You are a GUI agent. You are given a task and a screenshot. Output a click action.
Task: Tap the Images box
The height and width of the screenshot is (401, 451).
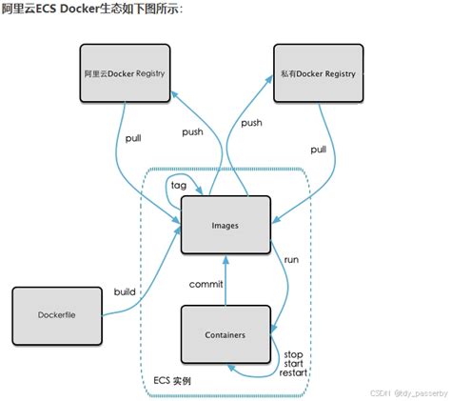coord(225,226)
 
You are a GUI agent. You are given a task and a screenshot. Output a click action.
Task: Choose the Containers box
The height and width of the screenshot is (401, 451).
coord(225,334)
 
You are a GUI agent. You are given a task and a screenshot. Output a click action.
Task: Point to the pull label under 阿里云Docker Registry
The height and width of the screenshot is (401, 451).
coord(133,139)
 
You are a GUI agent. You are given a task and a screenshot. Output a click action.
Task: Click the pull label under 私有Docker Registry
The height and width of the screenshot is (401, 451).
coord(318,150)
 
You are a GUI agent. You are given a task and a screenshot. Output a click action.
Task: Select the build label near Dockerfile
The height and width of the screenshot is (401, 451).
coord(125,291)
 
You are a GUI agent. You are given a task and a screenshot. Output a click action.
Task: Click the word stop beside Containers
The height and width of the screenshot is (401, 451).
coord(293,354)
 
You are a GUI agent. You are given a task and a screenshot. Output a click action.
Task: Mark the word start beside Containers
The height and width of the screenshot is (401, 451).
coord(293,364)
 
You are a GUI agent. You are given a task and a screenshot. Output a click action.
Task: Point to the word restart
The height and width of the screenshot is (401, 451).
coord(293,373)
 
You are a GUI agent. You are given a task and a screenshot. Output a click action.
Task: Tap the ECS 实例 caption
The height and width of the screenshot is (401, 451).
coord(173,379)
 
